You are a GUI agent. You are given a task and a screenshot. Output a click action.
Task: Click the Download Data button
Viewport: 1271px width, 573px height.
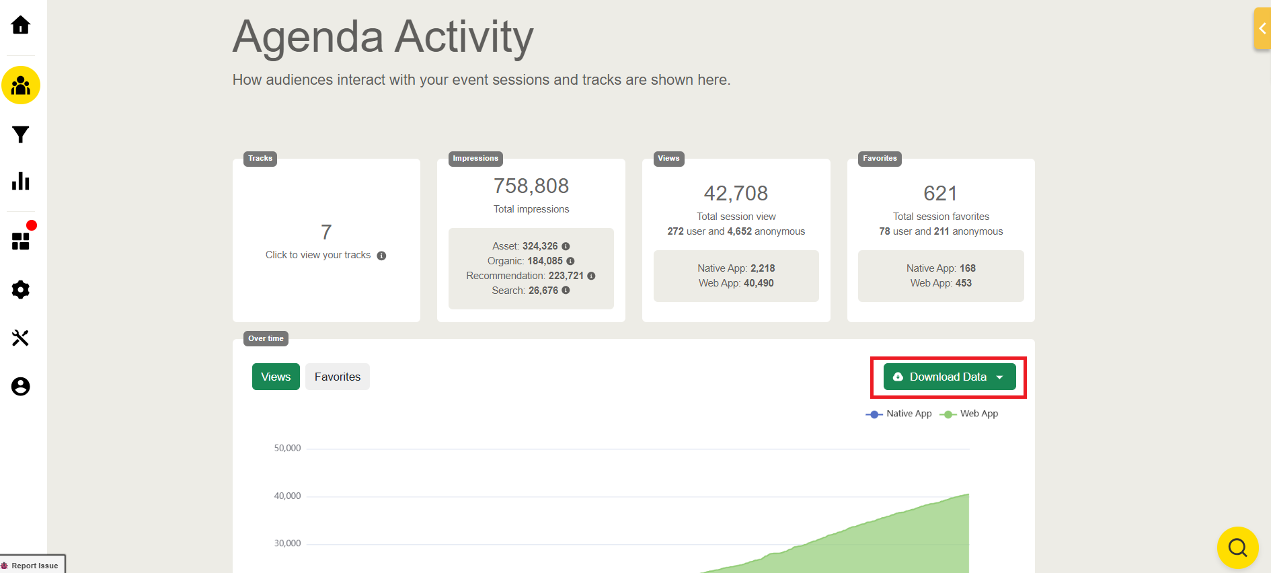click(949, 377)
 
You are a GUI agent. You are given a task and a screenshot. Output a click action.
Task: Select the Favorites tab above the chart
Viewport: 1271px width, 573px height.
click(337, 377)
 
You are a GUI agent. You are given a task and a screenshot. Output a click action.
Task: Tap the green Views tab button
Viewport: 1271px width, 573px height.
click(276, 377)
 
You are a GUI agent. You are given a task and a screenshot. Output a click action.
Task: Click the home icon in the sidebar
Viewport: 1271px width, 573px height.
click(21, 26)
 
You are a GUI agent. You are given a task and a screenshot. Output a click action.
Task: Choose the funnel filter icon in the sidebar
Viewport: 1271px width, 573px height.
click(21, 135)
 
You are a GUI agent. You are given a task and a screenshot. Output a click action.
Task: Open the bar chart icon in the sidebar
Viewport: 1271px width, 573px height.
click(21, 181)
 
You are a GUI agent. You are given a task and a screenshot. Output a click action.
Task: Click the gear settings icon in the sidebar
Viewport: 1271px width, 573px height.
click(21, 290)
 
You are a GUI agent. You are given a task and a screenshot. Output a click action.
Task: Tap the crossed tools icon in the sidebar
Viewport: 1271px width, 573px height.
click(21, 338)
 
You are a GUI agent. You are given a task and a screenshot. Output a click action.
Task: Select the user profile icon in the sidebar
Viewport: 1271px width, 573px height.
click(21, 387)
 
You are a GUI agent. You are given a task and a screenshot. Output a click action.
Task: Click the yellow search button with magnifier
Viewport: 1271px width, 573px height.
click(1237, 547)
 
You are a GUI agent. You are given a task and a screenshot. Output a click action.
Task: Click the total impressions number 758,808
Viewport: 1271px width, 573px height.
click(531, 186)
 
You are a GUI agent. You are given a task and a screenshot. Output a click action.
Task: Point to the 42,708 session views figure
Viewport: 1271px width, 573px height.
click(736, 194)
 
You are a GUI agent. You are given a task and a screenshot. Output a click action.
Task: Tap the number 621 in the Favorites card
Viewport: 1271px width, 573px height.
click(940, 194)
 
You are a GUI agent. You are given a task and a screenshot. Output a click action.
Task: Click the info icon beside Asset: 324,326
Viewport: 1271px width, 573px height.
click(566, 246)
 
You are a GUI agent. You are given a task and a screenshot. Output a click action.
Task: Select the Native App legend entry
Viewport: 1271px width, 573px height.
click(899, 414)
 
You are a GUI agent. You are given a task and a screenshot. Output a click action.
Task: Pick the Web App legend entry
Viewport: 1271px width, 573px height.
click(970, 414)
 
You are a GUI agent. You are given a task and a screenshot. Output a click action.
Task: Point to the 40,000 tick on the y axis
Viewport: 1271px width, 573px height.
click(287, 496)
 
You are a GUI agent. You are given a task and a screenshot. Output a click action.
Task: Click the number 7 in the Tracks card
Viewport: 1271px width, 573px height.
click(326, 232)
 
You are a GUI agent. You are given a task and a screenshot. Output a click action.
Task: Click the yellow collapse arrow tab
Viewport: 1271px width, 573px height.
click(1262, 28)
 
